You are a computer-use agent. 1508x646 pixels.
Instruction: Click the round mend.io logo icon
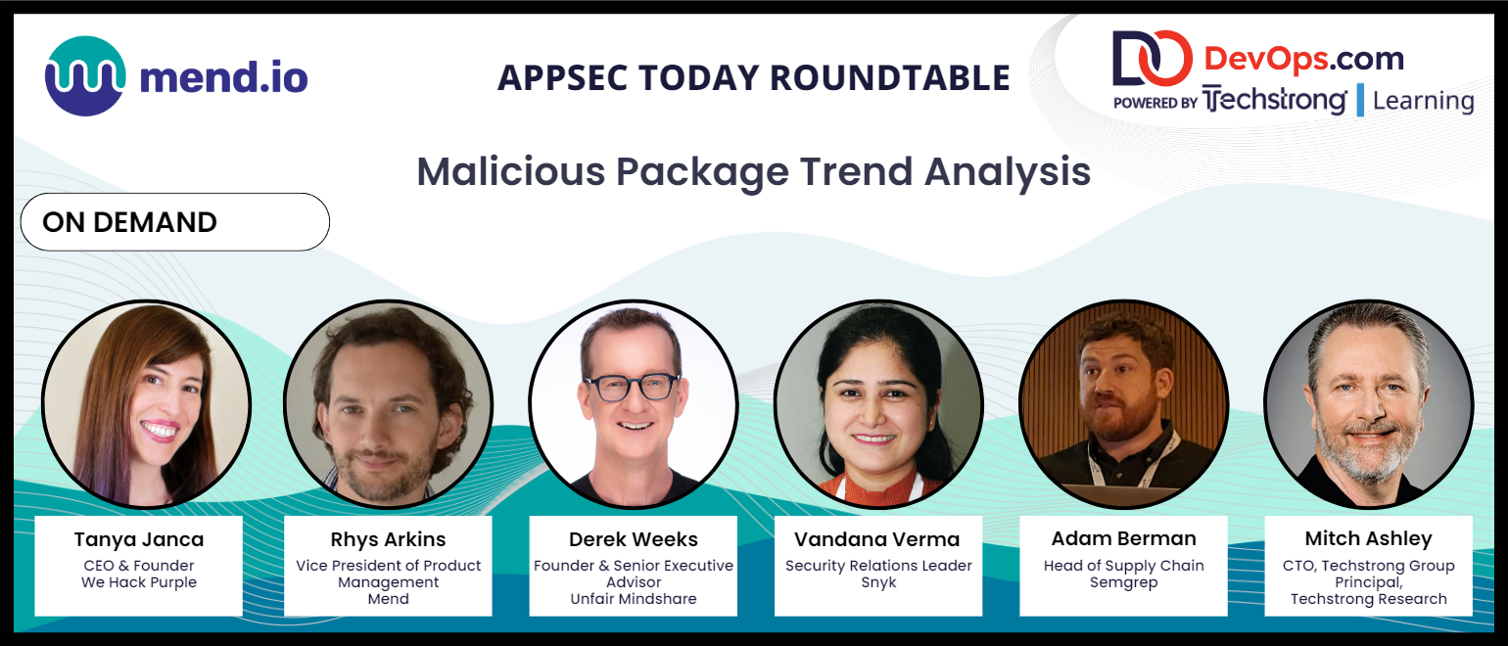click(85, 76)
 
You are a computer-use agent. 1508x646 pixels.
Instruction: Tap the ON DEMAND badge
click(175, 222)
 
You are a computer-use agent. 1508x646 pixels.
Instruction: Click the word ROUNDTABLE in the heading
click(889, 78)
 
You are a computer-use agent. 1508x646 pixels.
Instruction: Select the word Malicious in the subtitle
click(511, 171)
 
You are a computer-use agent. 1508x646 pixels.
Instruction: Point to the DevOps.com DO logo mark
click(1153, 59)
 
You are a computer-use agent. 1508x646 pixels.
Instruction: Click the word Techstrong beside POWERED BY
click(1274, 101)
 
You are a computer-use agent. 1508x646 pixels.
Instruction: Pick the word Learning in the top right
click(1423, 101)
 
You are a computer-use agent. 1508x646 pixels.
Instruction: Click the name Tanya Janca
click(139, 539)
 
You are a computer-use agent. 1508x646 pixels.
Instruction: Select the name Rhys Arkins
click(388, 539)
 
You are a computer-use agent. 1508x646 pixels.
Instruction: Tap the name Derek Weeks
click(633, 539)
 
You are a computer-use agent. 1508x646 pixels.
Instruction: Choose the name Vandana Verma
click(877, 539)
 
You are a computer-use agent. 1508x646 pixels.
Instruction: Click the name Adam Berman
click(1123, 539)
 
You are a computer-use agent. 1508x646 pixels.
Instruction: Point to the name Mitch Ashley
click(1369, 539)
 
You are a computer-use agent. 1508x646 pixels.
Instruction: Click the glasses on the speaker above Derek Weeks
click(633, 387)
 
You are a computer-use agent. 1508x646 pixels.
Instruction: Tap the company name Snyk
click(878, 582)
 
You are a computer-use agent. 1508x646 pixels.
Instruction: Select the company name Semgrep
click(1123, 582)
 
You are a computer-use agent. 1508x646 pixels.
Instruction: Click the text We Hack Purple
click(139, 582)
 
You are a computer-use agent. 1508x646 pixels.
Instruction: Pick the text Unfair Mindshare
click(633, 599)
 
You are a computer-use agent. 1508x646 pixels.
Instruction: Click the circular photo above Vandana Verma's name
click(878, 404)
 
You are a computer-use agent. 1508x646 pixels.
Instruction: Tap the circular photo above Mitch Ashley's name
click(1369, 404)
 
